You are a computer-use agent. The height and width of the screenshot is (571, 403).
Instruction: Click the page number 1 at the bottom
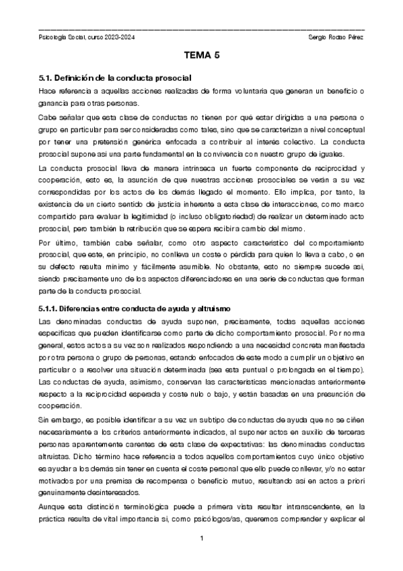coord(201,539)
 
